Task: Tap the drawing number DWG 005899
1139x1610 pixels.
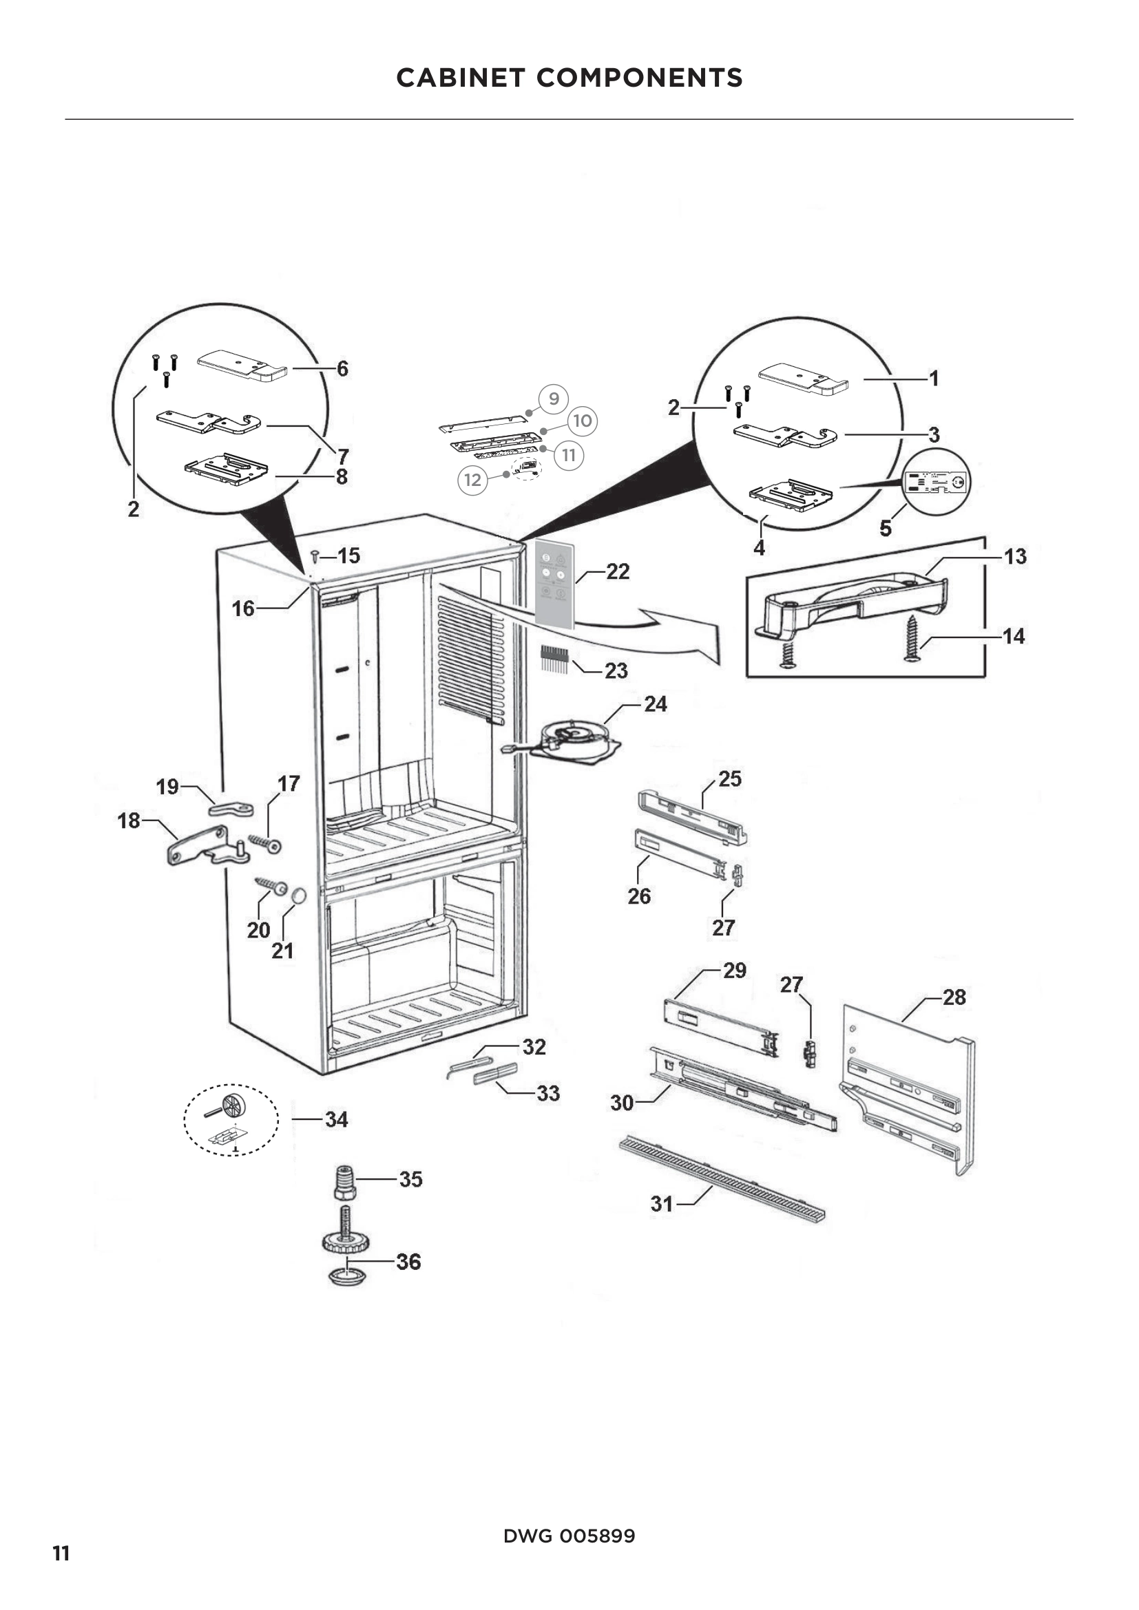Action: (x=569, y=1536)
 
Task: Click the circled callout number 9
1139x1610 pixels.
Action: (x=554, y=399)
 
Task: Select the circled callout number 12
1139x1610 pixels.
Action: (x=472, y=480)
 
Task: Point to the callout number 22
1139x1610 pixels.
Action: (x=617, y=571)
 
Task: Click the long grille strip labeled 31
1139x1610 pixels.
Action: (x=722, y=1178)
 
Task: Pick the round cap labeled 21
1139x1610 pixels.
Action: (x=298, y=896)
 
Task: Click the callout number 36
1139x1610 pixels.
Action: (x=408, y=1262)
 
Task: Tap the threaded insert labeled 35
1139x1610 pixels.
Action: (x=344, y=1183)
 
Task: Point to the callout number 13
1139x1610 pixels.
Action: (x=1015, y=557)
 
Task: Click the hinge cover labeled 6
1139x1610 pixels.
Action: (x=242, y=366)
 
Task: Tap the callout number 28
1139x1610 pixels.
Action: (x=954, y=997)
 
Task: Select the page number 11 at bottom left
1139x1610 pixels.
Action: (x=61, y=1554)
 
